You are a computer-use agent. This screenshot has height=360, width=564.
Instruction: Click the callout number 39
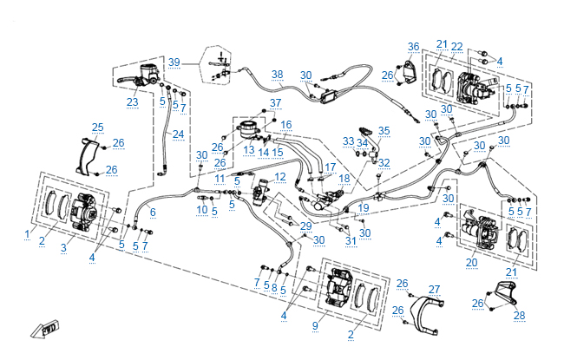(x=174, y=62)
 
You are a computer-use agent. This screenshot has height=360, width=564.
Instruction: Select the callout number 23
(x=132, y=102)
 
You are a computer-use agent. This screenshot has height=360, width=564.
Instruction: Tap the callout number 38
(x=277, y=74)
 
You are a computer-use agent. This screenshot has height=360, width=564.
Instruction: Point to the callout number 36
(x=413, y=46)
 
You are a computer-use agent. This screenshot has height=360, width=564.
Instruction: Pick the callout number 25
(x=98, y=128)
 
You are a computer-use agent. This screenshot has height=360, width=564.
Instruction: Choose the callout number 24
(x=178, y=134)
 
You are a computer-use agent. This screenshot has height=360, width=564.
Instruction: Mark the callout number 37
(x=276, y=103)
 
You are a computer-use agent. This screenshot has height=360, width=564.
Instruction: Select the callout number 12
(x=279, y=177)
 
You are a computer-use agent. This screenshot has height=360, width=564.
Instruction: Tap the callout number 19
(x=364, y=208)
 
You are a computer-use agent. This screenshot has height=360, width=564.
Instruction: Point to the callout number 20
(x=471, y=262)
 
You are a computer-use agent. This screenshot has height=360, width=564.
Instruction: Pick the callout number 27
(x=435, y=289)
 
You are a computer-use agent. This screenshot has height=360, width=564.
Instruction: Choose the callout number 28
(x=519, y=314)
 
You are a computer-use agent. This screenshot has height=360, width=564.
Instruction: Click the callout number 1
(x=28, y=234)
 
